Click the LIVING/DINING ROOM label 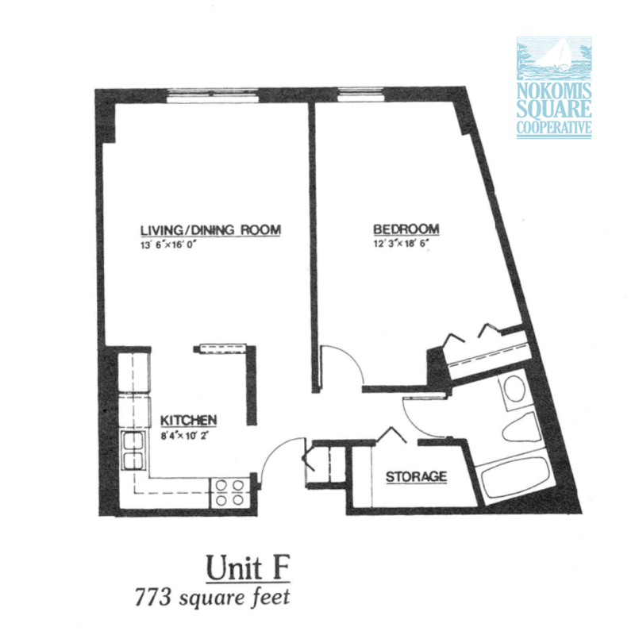(210, 230)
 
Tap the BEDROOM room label (406, 229)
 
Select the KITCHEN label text (189, 421)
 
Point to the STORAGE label (416, 477)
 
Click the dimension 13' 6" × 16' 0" (168, 244)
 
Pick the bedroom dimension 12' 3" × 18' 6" (401, 244)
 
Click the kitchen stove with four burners (229, 492)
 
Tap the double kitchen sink (133, 450)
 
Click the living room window (213, 95)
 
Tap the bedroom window (360, 94)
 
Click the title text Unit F (248, 568)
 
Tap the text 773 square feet (213, 598)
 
